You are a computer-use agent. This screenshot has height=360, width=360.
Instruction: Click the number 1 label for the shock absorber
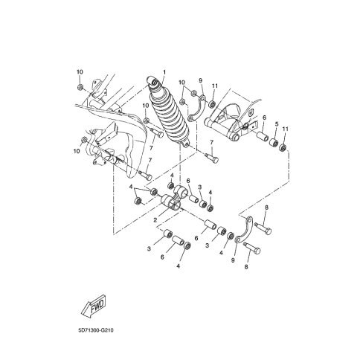164,72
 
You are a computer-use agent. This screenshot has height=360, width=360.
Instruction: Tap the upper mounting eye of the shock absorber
152,80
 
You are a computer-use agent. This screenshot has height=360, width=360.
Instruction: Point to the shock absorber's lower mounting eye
185,144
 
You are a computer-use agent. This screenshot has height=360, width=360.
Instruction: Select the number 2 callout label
155,219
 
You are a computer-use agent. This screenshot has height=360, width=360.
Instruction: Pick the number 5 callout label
277,123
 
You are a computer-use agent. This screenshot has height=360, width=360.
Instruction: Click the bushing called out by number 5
274,143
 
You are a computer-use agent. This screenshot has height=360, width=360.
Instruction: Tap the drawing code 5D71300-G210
96,330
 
